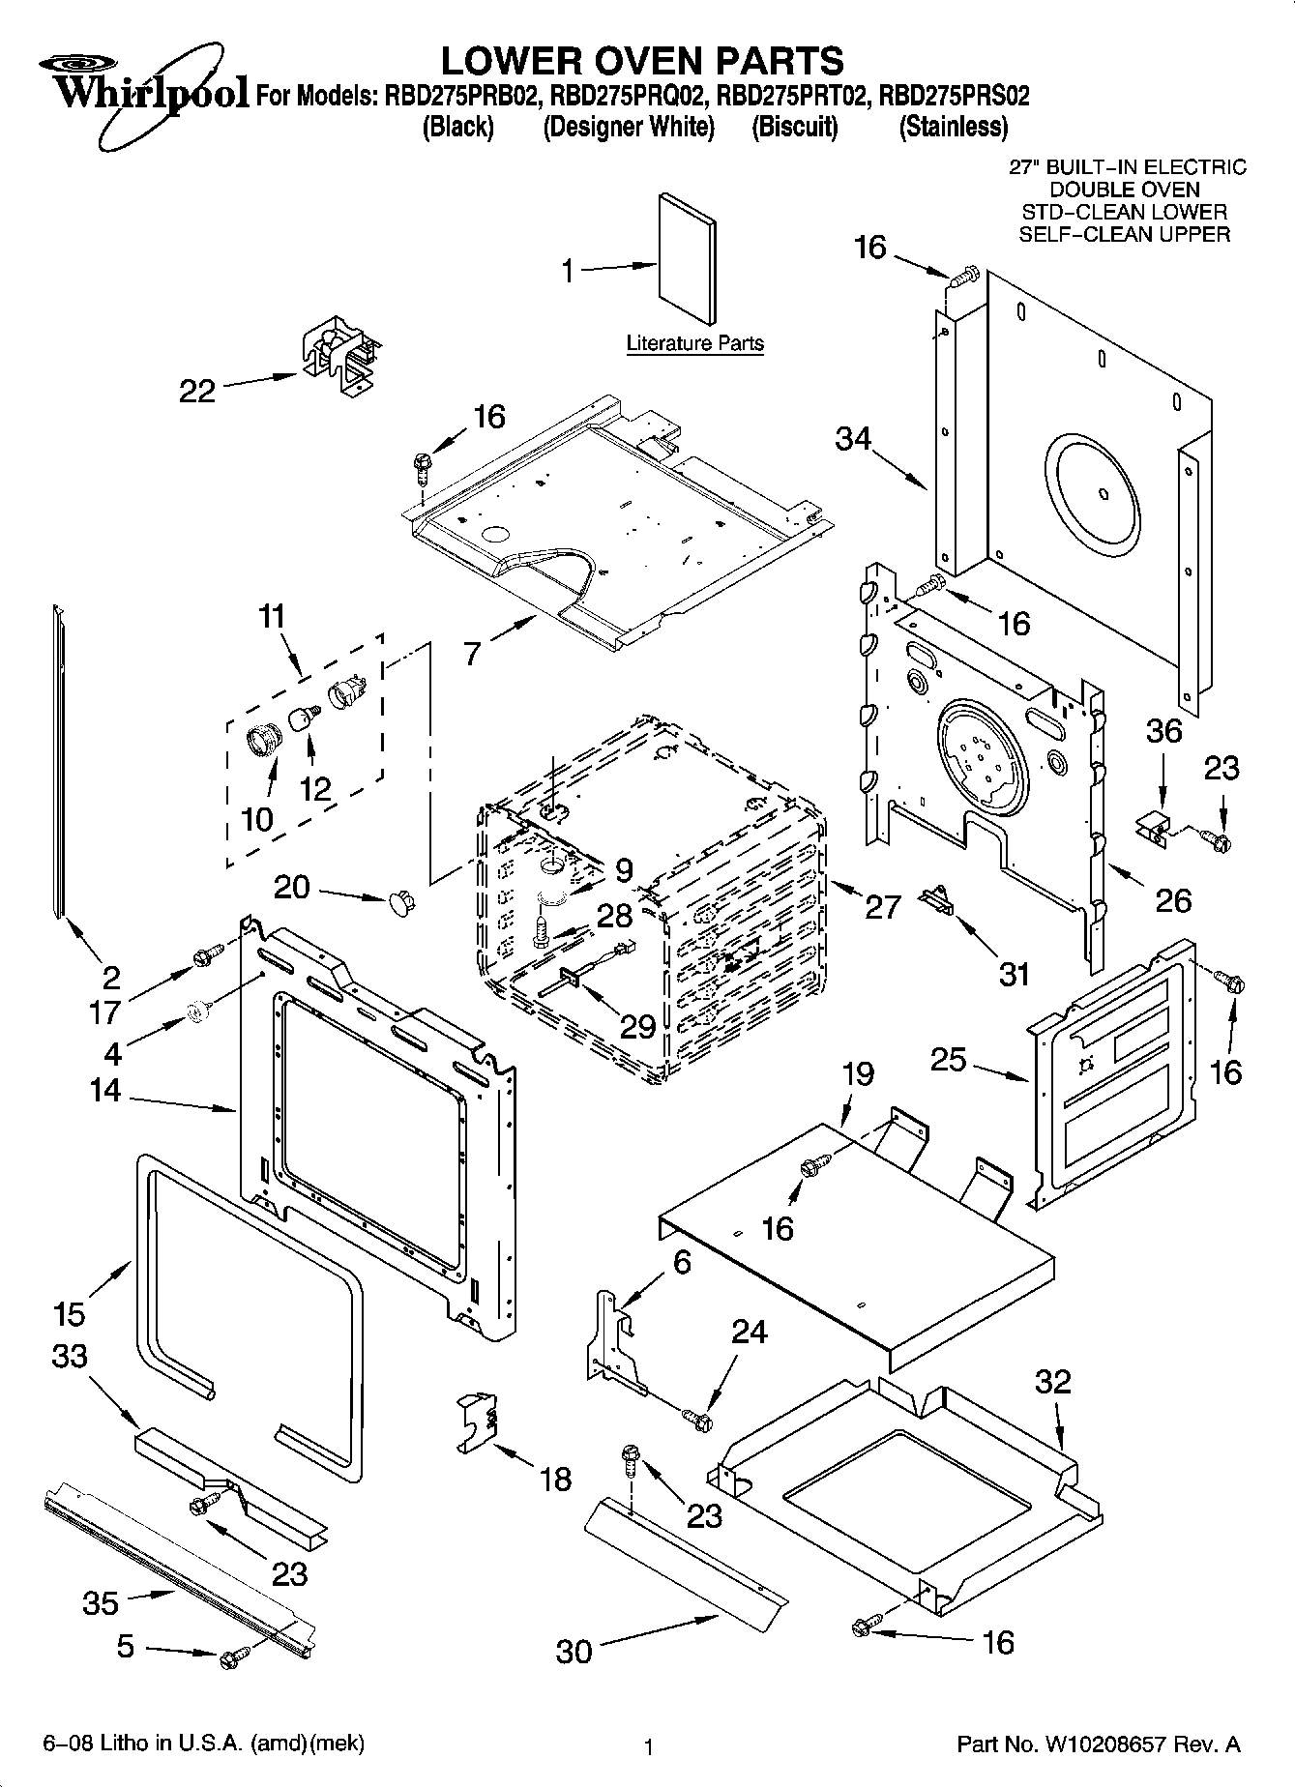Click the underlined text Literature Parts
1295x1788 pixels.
pyautogui.click(x=694, y=342)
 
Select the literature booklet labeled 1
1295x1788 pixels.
pyautogui.click(x=688, y=258)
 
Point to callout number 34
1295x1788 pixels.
pyautogui.click(x=853, y=439)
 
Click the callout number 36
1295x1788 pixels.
pyautogui.click(x=1164, y=730)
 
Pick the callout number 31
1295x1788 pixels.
pyautogui.click(x=1013, y=973)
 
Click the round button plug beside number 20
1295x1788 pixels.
pyautogui.click(x=399, y=902)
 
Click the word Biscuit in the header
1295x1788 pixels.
pyautogui.click(x=795, y=127)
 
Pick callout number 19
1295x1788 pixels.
pyautogui.click(x=858, y=1073)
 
